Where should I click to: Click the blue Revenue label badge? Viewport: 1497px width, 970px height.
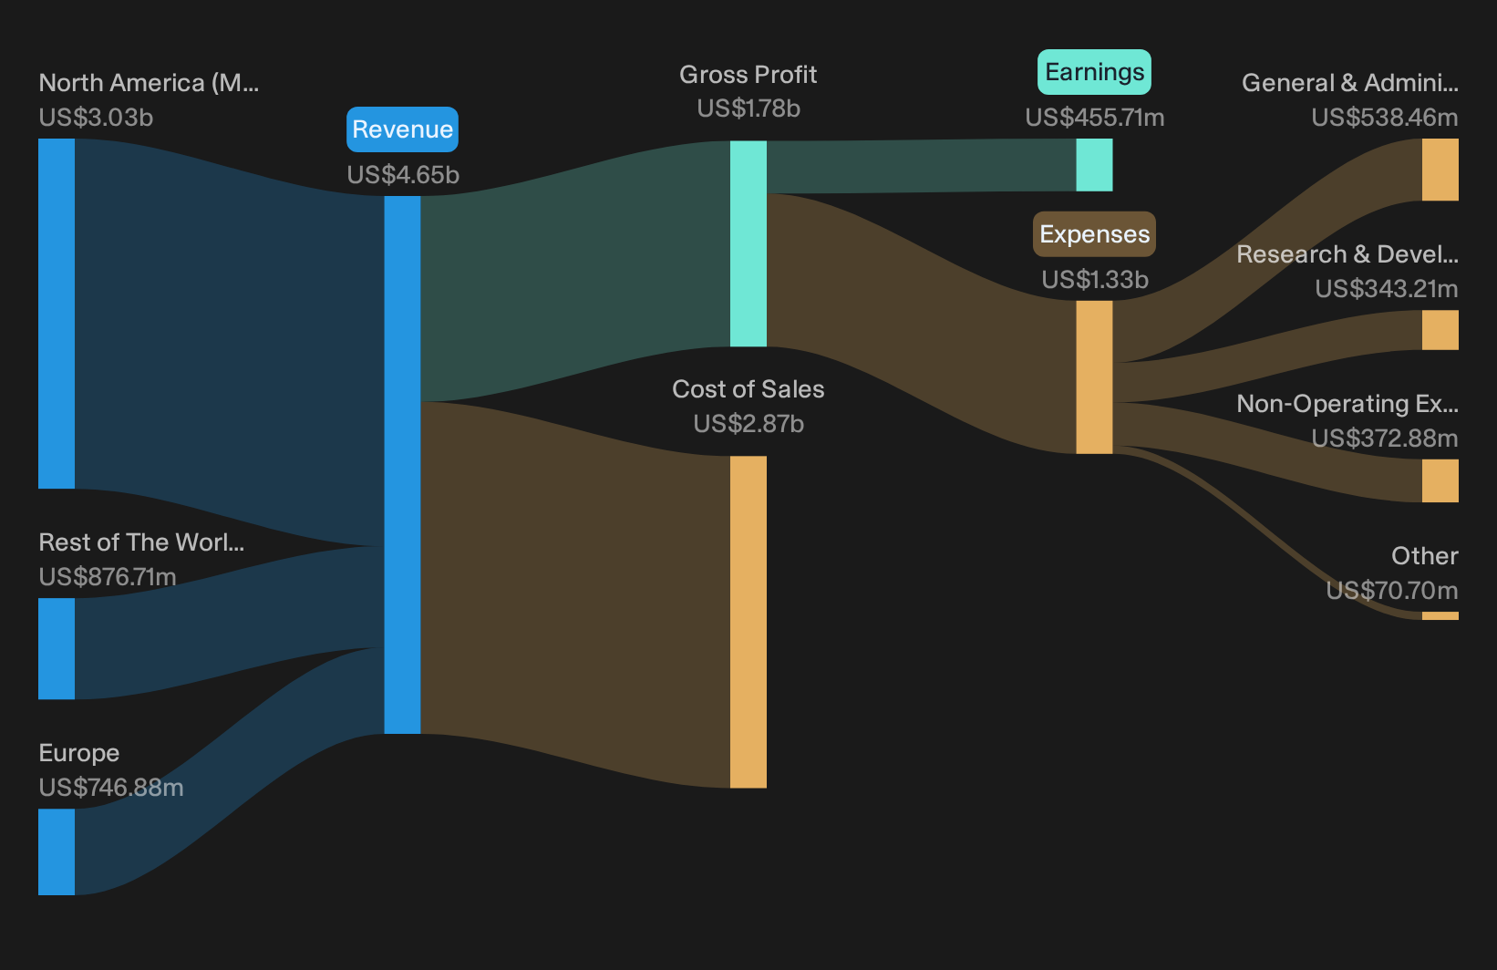tap(402, 129)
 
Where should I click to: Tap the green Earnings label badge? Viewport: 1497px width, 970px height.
tap(1094, 71)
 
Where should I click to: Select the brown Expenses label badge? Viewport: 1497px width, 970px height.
tap(1094, 234)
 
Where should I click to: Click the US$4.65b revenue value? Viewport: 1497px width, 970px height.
tap(403, 174)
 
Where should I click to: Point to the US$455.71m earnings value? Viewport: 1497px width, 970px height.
tap(1095, 118)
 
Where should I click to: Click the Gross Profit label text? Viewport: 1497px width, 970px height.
tap(748, 74)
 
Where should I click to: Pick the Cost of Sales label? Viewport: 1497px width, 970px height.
tap(748, 389)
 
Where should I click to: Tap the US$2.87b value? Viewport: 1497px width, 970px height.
tap(748, 424)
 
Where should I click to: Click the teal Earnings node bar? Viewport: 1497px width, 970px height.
tap(1094, 165)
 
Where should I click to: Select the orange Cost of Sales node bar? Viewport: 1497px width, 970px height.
tap(748, 622)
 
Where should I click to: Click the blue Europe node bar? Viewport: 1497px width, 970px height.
tap(57, 851)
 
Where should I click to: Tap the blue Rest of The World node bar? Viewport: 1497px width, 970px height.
tap(57, 648)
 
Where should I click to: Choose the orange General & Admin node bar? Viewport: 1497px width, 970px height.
tap(1440, 170)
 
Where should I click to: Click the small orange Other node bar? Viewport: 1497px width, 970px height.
tap(1440, 615)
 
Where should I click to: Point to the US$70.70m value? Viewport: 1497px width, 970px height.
tap(1392, 590)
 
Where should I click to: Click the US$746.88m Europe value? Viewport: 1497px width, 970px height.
tap(111, 788)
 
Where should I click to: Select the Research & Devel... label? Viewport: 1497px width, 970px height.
tap(1347, 254)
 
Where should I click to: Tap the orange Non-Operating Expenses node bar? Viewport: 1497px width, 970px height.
tap(1440, 480)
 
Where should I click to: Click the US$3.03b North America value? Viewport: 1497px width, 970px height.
tap(96, 118)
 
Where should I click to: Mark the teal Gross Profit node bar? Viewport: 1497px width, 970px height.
tap(748, 243)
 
